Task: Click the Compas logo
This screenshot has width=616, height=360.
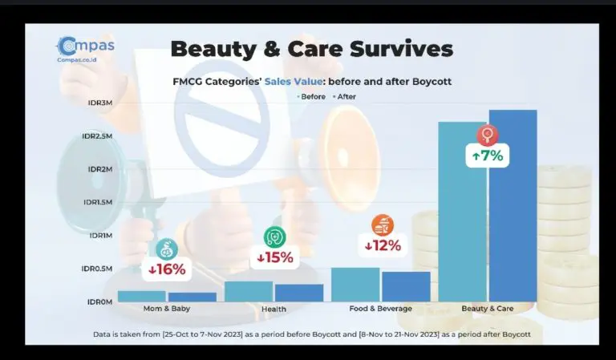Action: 86,49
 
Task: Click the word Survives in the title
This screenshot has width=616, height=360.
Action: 401,49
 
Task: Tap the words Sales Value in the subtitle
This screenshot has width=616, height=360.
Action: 294,82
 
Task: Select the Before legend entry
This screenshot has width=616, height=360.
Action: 311,96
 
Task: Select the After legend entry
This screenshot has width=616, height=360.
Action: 345,96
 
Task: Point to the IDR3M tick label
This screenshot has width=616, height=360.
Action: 100,103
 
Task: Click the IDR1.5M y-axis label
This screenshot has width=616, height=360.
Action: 98,202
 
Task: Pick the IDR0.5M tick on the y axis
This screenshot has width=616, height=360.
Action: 97,269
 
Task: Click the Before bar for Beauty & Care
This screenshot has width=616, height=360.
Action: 462,212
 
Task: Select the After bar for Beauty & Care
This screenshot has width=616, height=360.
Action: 513,206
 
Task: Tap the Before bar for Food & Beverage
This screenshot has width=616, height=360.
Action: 355,285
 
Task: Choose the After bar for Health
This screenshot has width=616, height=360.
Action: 299,293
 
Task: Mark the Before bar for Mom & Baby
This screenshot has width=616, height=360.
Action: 142,296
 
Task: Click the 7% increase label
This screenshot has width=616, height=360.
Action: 488,156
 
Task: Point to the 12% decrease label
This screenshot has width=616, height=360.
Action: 383,246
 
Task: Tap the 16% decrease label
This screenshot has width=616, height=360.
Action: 167,269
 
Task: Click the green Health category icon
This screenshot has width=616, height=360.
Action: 274,237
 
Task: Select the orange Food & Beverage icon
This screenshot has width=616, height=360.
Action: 383,225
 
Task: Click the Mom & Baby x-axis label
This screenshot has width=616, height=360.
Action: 167,309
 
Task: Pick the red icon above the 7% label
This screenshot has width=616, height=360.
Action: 488,135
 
